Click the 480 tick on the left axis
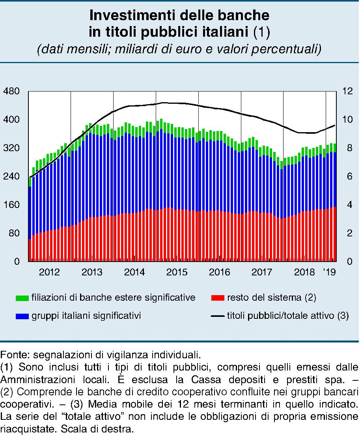click(11, 91)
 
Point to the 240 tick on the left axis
click(11, 176)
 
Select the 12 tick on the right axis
click(347, 91)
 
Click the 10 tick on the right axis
click(347, 120)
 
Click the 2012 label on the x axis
click(49, 272)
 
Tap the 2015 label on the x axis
click(177, 272)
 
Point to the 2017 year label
click(262, 272)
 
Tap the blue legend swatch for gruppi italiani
click(22, 316)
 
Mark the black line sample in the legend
click(218, 316)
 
